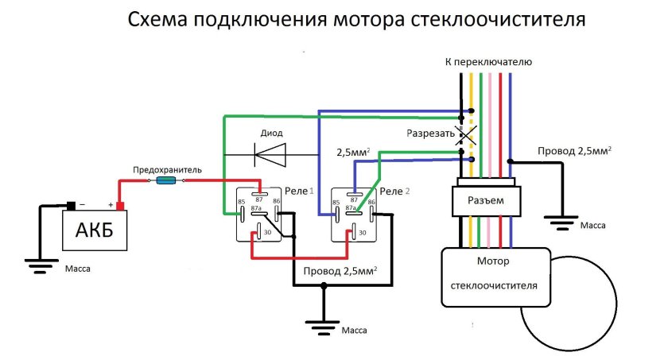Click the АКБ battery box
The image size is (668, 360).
click(x=94, y=231)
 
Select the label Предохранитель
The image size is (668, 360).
click(x=167, y=169)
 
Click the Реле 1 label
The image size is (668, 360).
click(x=300, y=192)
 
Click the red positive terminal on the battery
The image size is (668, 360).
click(x=121, y=207)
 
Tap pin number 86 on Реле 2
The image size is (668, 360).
click(x=371, y=203)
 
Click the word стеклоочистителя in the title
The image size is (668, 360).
click(x=498, y=19)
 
